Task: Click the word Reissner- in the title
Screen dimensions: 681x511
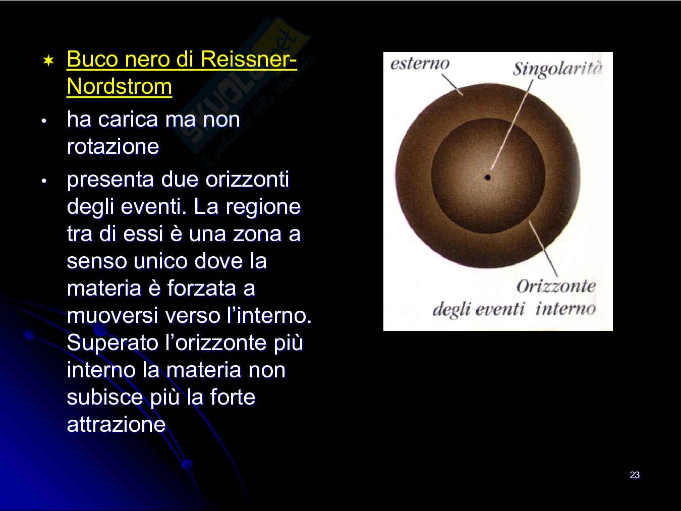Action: click(x=249, y=59)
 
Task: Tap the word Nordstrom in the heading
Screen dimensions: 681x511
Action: click(x=120, y=86)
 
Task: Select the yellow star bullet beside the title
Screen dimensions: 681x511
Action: click(x=48, y=61)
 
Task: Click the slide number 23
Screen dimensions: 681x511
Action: click(x=635, y=475)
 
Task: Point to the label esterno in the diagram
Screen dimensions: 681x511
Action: click(x=420, y=64)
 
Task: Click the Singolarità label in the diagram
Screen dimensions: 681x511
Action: click(x=557, y=69)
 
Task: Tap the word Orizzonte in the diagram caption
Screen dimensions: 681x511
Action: click(x=556, y=286)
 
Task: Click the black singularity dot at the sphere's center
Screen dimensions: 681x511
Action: click(x=488, y=178)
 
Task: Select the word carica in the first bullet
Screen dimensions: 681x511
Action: click(x=128, y=120)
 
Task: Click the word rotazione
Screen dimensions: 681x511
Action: click(x=113, y=146)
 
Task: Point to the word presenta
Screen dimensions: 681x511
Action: click(x=110, y=180)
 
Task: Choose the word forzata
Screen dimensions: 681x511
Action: click(x=202, y=288)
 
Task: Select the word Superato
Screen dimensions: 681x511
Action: click(x=112, y=343)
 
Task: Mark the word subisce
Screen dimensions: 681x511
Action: click(x=105, y=397)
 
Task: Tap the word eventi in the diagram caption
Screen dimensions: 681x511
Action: click(x=500, y=309)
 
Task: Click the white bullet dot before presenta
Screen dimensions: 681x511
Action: click(x=44, y=181)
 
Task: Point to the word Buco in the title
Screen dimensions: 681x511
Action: click(x=93, y=59)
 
